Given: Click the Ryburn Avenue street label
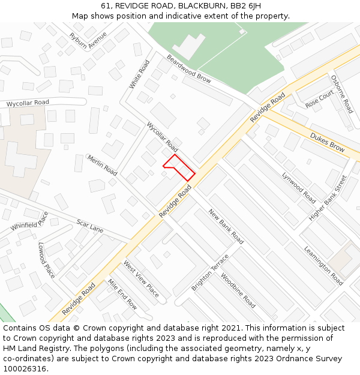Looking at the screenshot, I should (x=88, y=41).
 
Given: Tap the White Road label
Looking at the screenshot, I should (x=140, y=74).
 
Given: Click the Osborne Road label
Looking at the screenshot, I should (x=341, y=94).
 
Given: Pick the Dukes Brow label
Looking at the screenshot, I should (x=327, y=142).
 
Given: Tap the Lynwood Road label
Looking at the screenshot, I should (x=299, y=187).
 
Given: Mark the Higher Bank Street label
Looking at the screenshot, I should (x=328, y=197).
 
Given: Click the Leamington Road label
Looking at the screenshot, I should (x=323, y=265).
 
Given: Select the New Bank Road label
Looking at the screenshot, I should (x=226, y=226).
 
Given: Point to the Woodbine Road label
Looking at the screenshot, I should (x=238, y=290).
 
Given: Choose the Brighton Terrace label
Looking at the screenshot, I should (x=210, y=272).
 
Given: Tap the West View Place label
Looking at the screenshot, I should (x=141, y=278).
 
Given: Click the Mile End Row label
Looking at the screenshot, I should (x=122, y=294).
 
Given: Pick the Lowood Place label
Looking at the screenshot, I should (x=47, y=260).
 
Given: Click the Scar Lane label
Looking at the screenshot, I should (x=90, y=226).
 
